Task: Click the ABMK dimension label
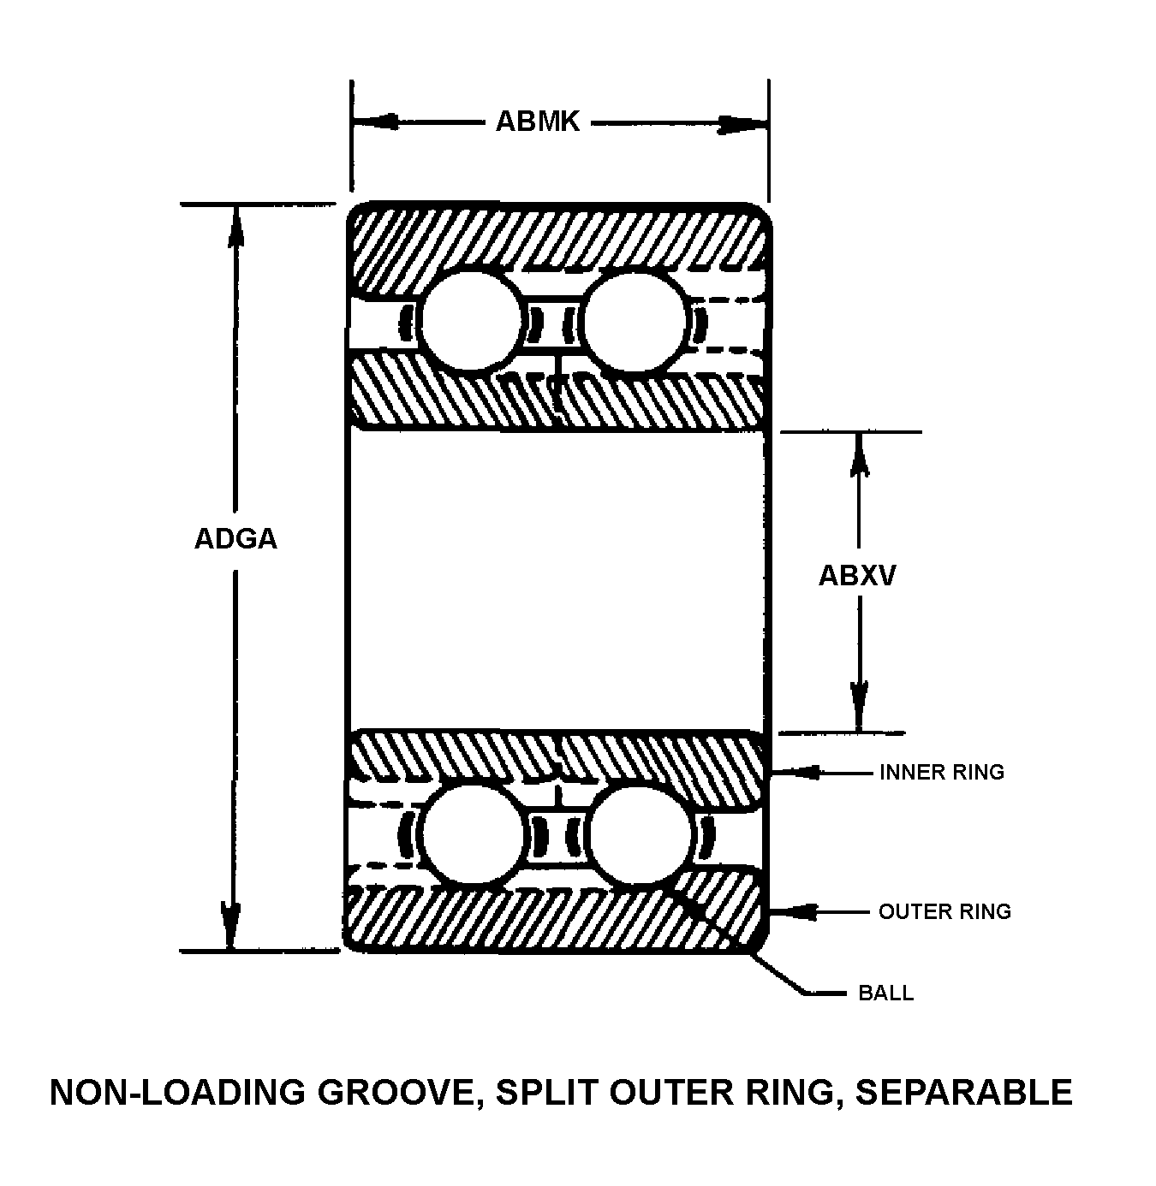pyautogui.click(x=538, y=122)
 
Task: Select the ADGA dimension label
pyautogui.click(x=235, y=539)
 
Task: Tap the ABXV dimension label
pyautogui.click(x=857, y=575)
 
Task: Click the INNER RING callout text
pyautogui.click(x=941, y=772)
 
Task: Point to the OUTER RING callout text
pyautogui.click(x=944, y=911)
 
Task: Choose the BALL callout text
pyautogui.click(x=885, y=993)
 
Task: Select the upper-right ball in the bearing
pyautogui.click(x=635, y=322)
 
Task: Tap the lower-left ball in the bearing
pyautogui.click(x=473, y=834)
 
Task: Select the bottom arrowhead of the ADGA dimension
pyautogui.click(x=229, y=928)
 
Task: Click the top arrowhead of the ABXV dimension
pyautogui.click(x=859, y=454)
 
